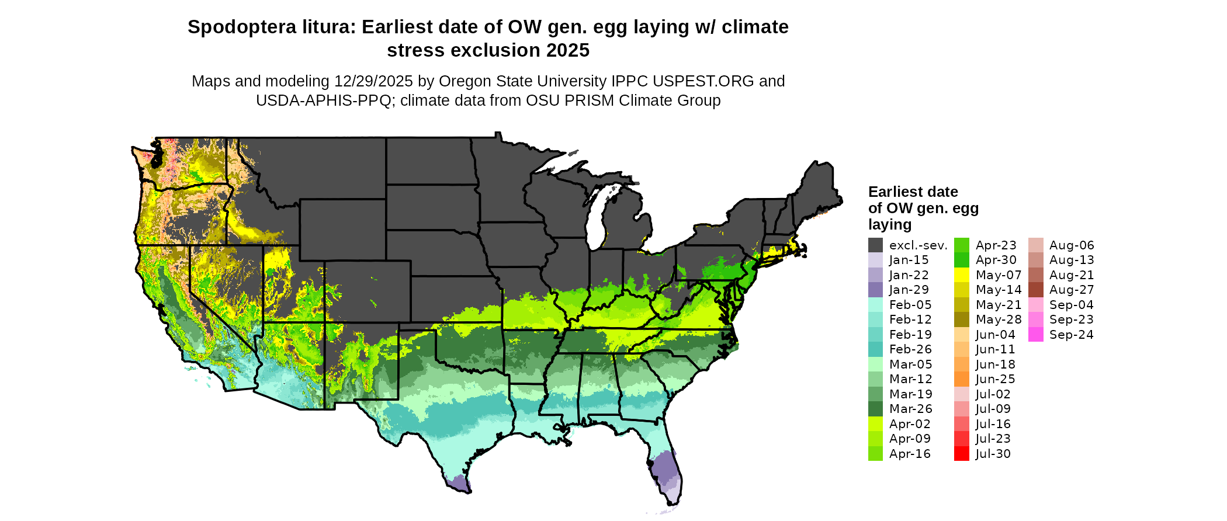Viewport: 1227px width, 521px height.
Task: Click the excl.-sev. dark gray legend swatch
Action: coord(875,245)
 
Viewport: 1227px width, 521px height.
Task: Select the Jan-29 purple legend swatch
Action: coord(875,290)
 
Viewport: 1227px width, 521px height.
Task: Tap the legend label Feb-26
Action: coord(910,349)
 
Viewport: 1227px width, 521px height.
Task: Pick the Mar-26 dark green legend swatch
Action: coord(875,409)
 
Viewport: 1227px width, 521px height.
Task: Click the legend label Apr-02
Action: coord(910,424)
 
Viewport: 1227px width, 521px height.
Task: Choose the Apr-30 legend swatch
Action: coord(962,260)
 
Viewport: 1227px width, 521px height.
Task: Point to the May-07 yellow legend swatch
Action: coord(962,275)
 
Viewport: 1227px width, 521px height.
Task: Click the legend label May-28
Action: coord(999,319)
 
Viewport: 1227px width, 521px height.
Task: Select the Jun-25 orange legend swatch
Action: coord(962,379)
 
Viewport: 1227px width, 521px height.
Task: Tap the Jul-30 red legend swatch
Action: coord(962,454)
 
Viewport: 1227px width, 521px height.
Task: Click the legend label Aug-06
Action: coord(1072,245)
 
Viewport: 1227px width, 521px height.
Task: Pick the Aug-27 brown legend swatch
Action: coord(1036,290)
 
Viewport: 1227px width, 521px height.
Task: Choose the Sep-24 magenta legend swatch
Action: coord(1036,335)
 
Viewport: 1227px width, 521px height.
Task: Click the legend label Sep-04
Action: coord(1072,305)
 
